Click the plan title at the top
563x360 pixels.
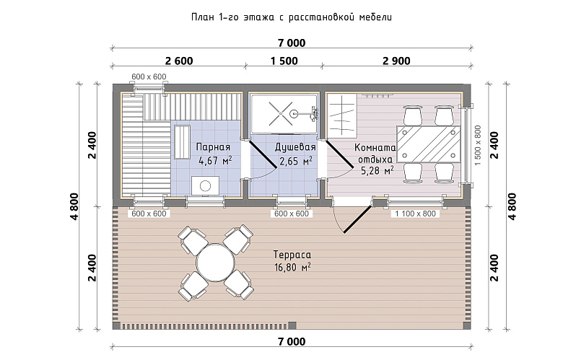coord(291,17)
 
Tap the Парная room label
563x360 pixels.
coord(213,147)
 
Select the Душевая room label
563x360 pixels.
coord(295,147)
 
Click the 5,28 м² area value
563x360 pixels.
coord(377,170)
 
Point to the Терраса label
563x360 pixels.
coord(292,255)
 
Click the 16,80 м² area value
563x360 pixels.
coord(292,268)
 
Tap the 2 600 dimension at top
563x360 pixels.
coord(179,61)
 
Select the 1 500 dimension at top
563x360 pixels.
coord(284,61)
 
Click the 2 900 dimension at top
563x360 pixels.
coord(396,61)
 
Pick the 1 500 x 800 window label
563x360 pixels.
coord(478,145)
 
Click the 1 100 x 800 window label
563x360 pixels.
coord(415,214)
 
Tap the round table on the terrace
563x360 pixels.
coord(215,263)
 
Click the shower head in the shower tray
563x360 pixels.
coord(293,114)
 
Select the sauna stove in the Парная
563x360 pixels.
coord(206,186)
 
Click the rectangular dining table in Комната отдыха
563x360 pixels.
coord(428,144)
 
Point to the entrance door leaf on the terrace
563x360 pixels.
coord(357,219)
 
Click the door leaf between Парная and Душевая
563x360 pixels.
coord(263,154)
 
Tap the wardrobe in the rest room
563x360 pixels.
coord(341,115)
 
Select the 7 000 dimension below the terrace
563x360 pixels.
coord(292,341)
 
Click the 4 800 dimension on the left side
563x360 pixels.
coord(74,206)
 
